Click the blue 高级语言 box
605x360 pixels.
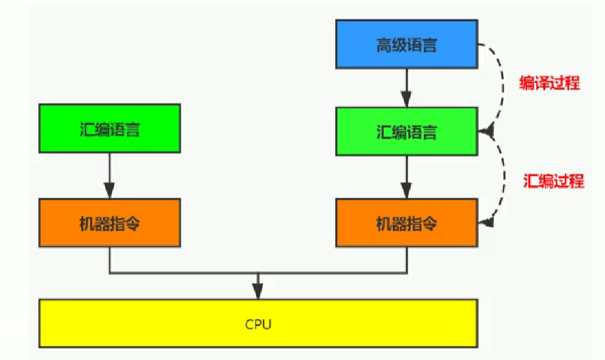coord(407,43)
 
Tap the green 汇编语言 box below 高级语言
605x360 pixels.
coord(407,131)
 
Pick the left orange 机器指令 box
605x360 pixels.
coord(109,223)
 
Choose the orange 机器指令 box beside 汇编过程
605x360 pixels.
coord(407,223)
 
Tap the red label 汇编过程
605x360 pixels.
coord(553,181)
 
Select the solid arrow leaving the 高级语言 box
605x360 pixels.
coord(407,87)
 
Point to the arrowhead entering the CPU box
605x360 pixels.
coord(258,292)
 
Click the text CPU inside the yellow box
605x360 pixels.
coord(258,324)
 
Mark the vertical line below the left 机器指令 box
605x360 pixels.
coord(109,260)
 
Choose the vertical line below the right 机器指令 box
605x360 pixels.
coord(407,260)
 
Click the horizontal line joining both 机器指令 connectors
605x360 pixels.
coord(191,274)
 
